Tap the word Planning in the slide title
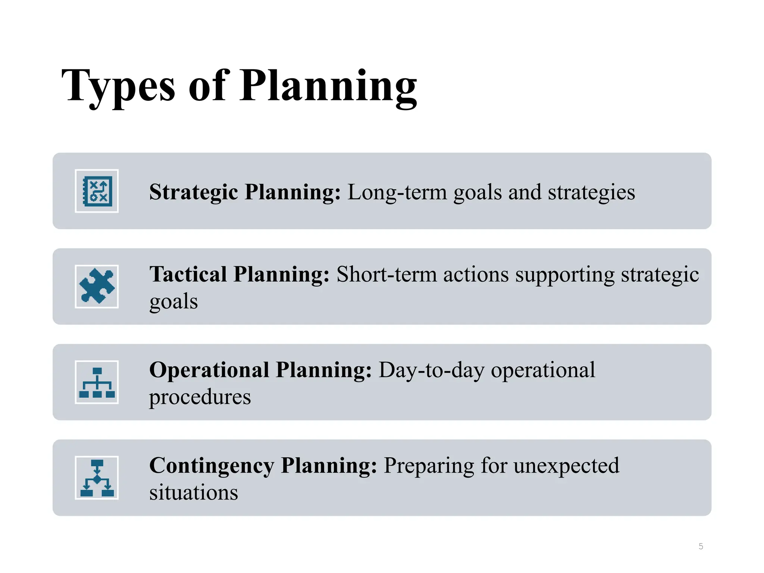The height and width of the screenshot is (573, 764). point(328,87)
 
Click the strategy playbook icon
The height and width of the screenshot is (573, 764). point(97,191)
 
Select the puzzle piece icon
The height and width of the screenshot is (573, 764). point(97,286)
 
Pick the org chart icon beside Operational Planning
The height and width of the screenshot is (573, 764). point(97,382)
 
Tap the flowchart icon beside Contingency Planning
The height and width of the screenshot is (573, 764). point(97,478)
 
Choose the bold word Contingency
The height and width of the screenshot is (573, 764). point(212,466)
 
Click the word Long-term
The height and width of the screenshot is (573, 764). point(397,192)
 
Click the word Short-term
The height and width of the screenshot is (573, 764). point(386,275)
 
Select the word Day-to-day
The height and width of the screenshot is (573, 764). point(431,371)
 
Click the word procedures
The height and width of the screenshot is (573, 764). point(200,397)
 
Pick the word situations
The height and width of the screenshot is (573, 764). point(193,492)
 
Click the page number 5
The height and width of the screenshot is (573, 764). point(701,547)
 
